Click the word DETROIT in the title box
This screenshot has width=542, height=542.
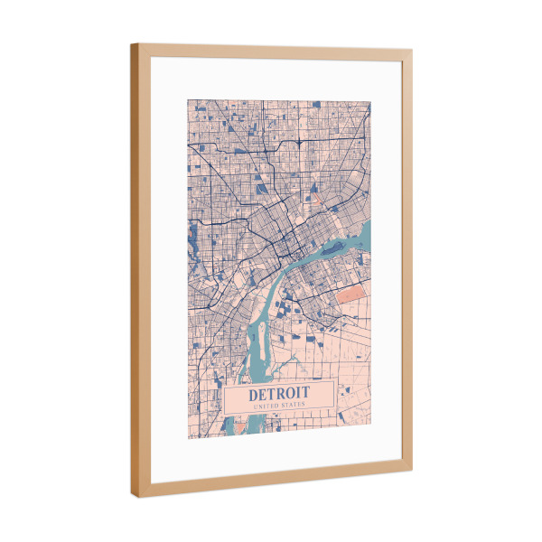coord(279,394)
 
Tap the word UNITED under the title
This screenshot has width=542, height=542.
coord(266,407)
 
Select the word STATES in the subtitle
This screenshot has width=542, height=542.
coord(294,406)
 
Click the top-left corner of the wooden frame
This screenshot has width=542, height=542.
coord(132,44)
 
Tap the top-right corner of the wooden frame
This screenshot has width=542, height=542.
coord(412,51)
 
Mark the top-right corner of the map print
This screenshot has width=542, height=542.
coord(371,99)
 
